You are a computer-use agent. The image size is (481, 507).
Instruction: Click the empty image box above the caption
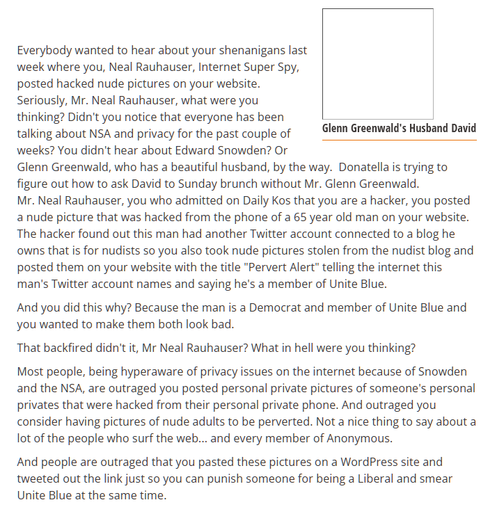point(378,64)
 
